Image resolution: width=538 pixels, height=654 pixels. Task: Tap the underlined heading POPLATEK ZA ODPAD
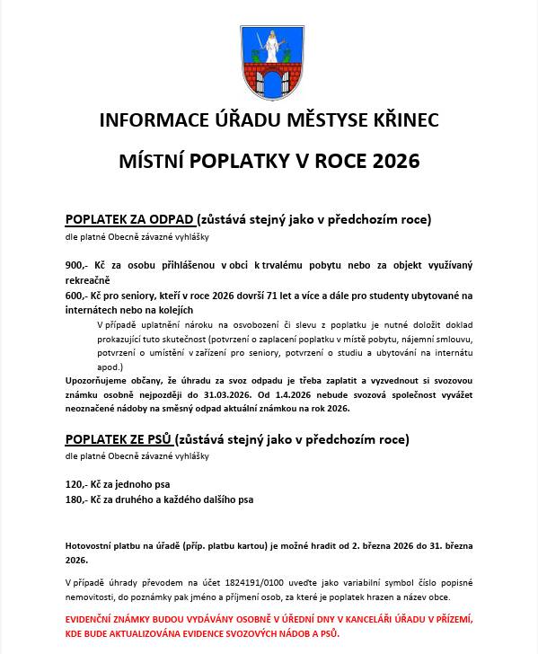(129, 219)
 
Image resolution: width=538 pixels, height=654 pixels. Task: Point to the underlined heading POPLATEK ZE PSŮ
(119, 440)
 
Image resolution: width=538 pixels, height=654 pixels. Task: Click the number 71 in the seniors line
(282, 296)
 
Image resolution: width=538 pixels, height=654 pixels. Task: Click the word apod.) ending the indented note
(110, 367)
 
